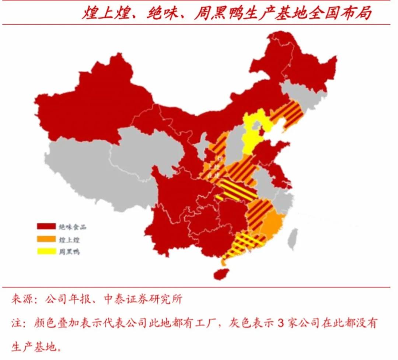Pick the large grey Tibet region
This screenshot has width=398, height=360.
[92, 169]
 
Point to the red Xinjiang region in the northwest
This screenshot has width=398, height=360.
[92, 103]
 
